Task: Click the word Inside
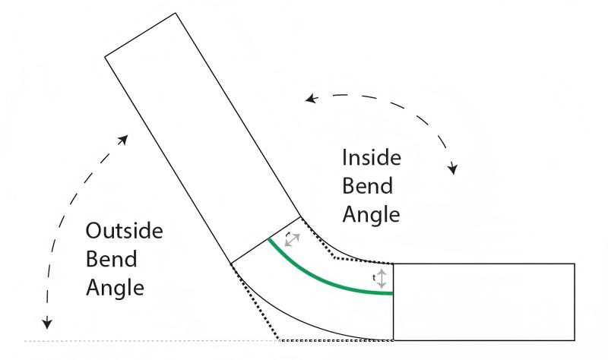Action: click(x=371, y=158)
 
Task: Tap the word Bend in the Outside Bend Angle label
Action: click(x=112, y=259)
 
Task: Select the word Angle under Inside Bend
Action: click(x=371, y=215)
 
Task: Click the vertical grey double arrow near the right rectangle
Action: click(x=382, y=278)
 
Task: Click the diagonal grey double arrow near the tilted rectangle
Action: click(x=292, y=239)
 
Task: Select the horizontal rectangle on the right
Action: click(x=483, y=302)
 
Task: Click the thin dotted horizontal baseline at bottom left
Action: click(x=152, y=340)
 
